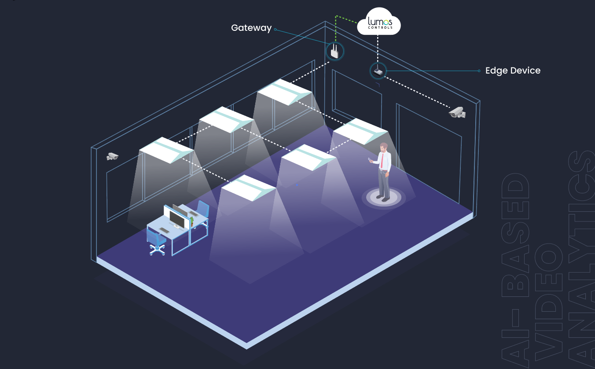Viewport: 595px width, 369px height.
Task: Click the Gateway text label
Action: click(x=251, y=28)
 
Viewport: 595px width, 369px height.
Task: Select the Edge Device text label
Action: click(x=513, y=71)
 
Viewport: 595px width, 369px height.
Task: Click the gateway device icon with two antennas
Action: click(x=334, y=52)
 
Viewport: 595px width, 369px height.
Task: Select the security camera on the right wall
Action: click(x=457, y=113)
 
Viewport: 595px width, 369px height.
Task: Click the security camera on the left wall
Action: click(x=113, y=156)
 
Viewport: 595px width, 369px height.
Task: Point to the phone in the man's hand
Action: click(x=370, y=159)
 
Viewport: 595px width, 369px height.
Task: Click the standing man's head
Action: click(x=384, y=147)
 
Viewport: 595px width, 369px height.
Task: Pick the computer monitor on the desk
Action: click(x=178, y=218)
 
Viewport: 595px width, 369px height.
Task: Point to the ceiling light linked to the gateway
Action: click(x=285, y=92)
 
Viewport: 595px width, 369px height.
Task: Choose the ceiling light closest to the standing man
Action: click(x=360, y=131)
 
